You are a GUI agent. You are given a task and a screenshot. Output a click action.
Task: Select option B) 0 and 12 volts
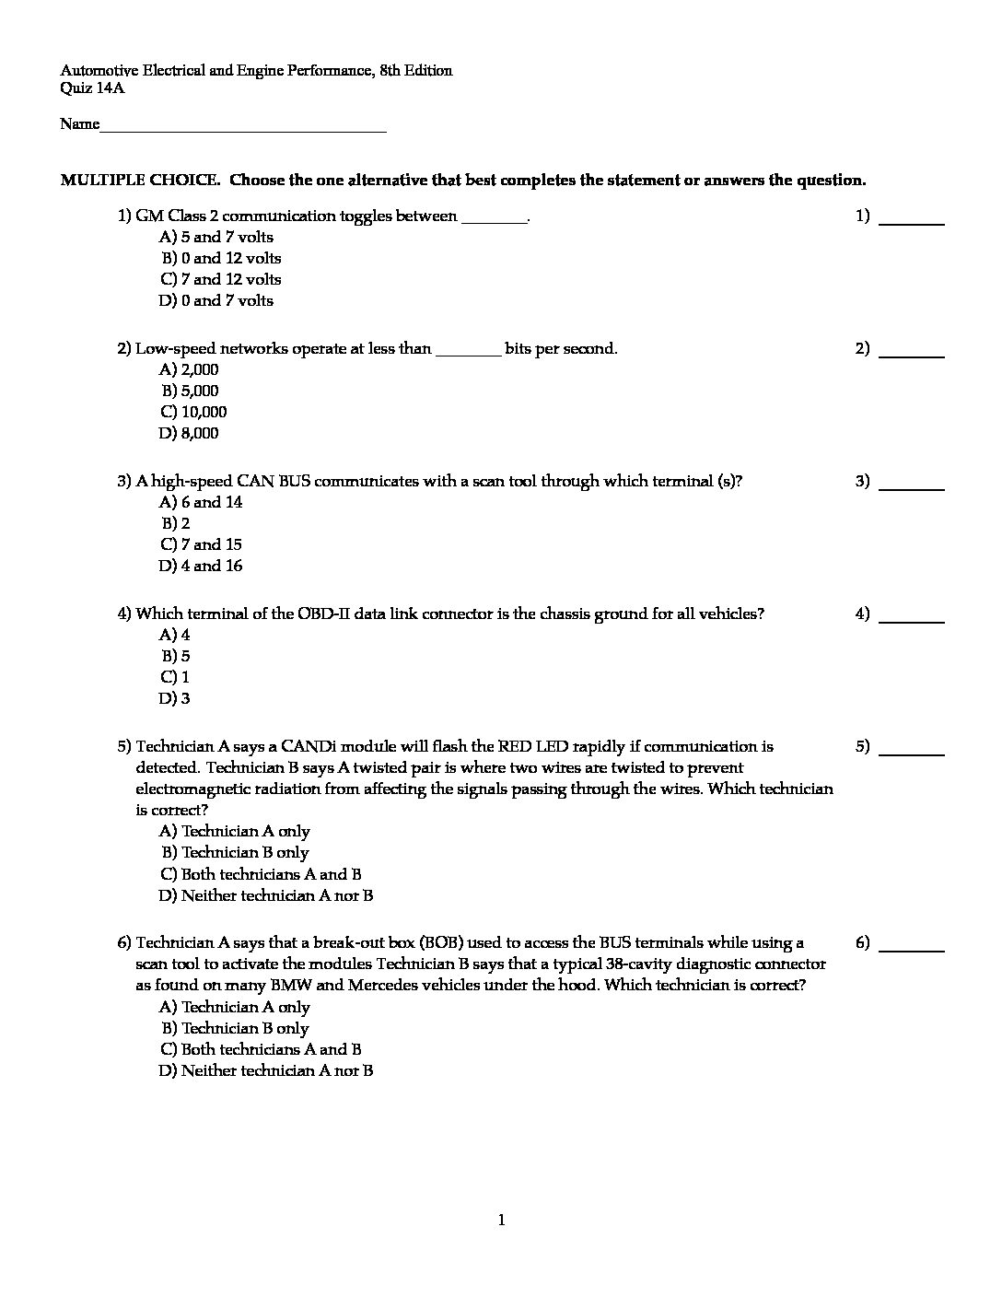pos(221,259)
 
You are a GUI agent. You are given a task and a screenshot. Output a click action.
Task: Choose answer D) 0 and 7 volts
pos(216,301)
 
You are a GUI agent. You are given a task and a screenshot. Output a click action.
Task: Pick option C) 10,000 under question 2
pos(193,413)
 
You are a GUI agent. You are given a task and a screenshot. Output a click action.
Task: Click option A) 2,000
pos(189,370)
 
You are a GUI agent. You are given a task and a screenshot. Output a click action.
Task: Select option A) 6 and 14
pos(201,503)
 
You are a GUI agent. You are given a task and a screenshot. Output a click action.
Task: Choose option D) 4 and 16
pos(201,567)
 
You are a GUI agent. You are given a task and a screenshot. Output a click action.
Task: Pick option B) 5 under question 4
pos(176,657)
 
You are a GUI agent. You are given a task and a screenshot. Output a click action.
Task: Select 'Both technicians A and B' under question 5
pos(261,875)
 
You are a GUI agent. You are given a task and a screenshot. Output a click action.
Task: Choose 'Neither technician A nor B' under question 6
pos(266,1071)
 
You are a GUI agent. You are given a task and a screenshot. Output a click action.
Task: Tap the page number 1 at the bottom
pos(501,1221)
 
